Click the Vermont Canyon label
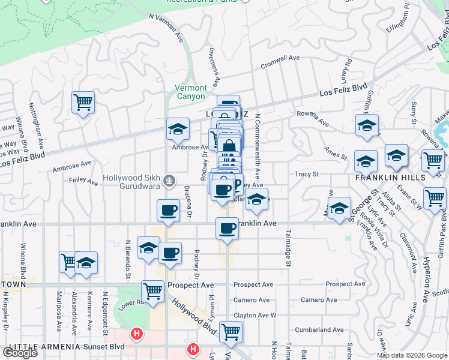[x=190, y=92]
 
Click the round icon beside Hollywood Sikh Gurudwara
[x=170, y=179]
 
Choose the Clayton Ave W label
[x=255, y=314]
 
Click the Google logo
[x=20, y=353]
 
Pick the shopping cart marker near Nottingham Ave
[x=83, y=102]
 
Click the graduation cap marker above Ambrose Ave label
[x=178, y=129]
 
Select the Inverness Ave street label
[x=212, y=66]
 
